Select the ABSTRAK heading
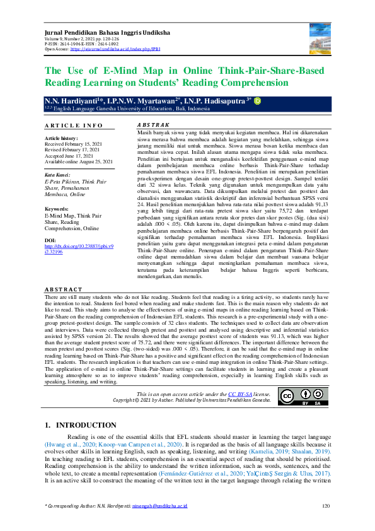point(153,126)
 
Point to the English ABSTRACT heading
point(63,289)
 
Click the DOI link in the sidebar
point(69,267)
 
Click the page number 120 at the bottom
point(326,506)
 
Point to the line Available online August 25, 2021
point(78,161)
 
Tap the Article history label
point(61,137)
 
